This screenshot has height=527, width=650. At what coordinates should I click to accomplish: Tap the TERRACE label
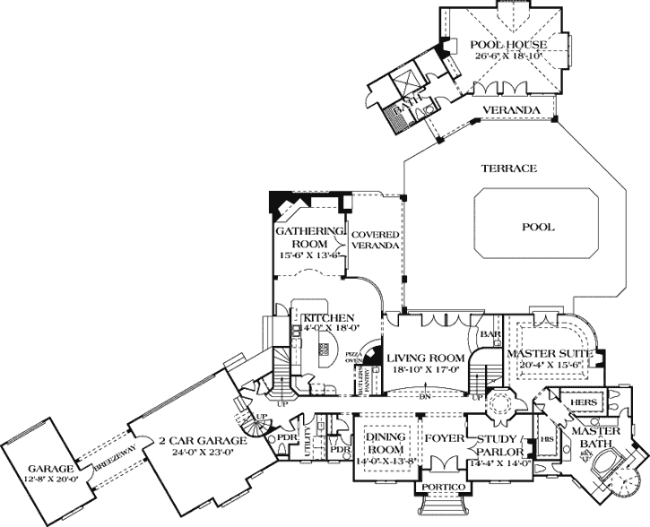point(507,168)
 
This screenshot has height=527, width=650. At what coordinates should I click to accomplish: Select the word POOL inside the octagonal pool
point(538,227)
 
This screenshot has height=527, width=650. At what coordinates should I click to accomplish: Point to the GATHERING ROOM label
point(309,236)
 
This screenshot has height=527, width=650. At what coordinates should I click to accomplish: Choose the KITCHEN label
point(329,318)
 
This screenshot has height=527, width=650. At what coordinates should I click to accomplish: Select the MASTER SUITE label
point(544,355)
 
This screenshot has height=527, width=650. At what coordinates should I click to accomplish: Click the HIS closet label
point(546,438)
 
